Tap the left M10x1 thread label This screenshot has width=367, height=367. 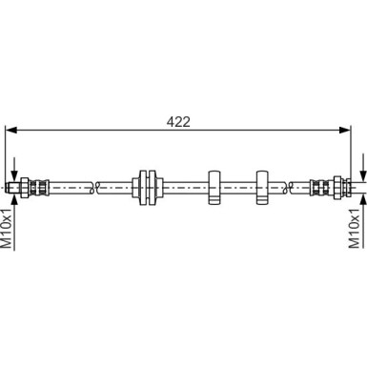7,229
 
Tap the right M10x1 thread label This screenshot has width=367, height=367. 359,229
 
